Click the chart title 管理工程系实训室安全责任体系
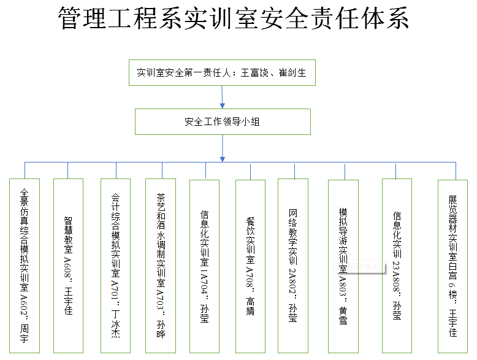click(234, 18)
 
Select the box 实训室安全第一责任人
click(222, 73)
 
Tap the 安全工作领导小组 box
click(223, 121)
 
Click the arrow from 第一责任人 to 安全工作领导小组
click(222, 97)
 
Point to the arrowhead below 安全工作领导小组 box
click(223, 159)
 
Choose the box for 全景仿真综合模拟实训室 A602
click(25, 266)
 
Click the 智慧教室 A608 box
click(68, 266)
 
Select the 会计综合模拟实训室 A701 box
click(116, 266)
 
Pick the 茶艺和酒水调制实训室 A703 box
click(161, 266)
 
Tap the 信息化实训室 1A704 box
click(204, 266)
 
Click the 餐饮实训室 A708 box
click(250, 266)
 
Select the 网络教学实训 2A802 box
click(293, 266)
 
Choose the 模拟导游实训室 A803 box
click(343, 266)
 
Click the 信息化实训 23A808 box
click(397, 266)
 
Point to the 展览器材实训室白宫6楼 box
click(452, 266)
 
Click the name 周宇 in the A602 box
click(25, 334)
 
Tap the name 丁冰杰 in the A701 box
click(116, 324)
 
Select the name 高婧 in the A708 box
click(250, 306)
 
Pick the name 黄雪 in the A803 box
click(343, 316)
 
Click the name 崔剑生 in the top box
click(292, 73)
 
